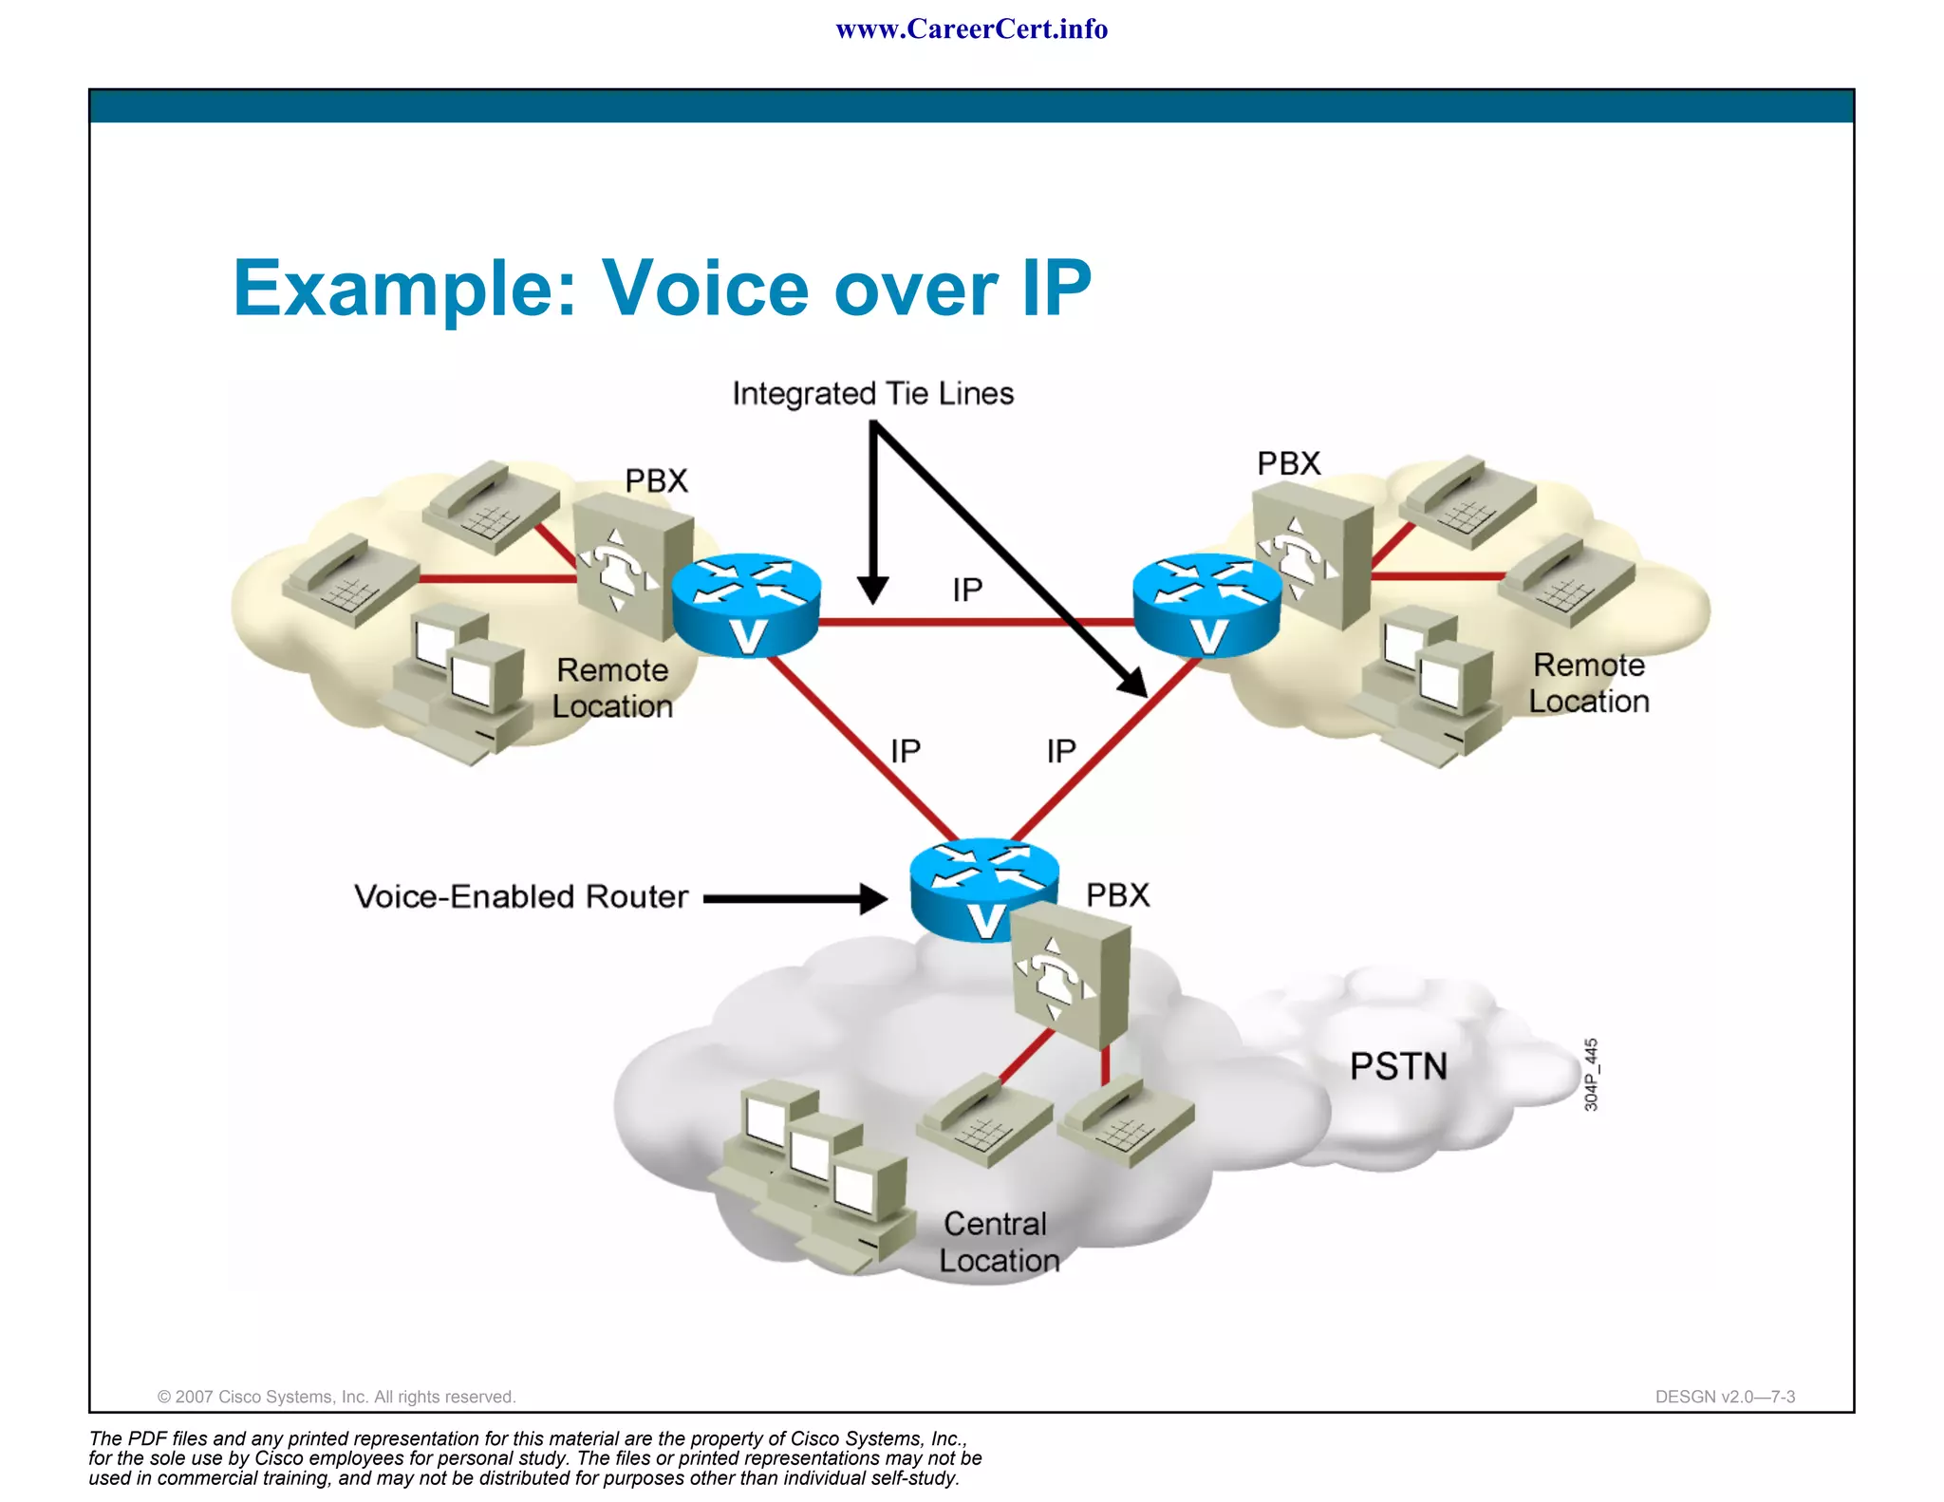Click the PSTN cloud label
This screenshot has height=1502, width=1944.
pos(1397,1066)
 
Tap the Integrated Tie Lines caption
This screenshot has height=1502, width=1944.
pos(872,393)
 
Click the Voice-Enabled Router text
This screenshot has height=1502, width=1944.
pos(520,896)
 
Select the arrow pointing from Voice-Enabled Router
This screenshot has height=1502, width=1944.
pos(794,898)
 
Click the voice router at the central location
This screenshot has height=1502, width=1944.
pos(983,889)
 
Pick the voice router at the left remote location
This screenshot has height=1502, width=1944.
pos(746,605)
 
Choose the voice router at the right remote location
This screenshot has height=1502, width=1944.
pos(1206,605)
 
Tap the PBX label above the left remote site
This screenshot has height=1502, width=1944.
pos(656,480)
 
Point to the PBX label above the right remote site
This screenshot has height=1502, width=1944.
pos(1288,463)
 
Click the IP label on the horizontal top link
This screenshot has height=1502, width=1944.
pos(967,590)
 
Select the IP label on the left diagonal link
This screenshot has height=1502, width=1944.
pos(905,751)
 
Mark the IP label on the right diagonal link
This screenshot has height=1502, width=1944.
pos(1060,751)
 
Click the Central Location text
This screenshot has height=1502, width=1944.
pos(999,1242)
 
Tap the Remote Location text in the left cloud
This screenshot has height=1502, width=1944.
pos(612,687)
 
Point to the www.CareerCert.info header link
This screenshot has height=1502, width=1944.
pos(971,28)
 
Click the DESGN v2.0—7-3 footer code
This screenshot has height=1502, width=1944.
pos(1724,1397)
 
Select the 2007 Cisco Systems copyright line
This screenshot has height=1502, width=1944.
pos(336,1397)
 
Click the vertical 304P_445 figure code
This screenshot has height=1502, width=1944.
pos(1591,1074)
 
